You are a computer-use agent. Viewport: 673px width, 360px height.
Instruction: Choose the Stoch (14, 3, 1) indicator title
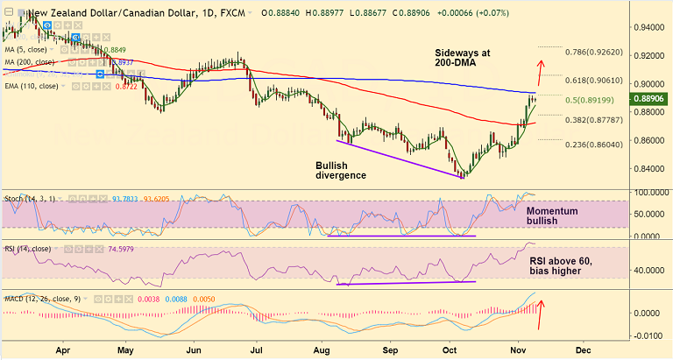pyautogui.click(x=29, y=199)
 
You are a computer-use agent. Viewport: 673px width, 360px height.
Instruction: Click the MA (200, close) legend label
pyautogui.click(x=31, y=62)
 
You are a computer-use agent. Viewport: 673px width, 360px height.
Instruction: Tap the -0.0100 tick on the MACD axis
pyautogui.click(x=646, y=336)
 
